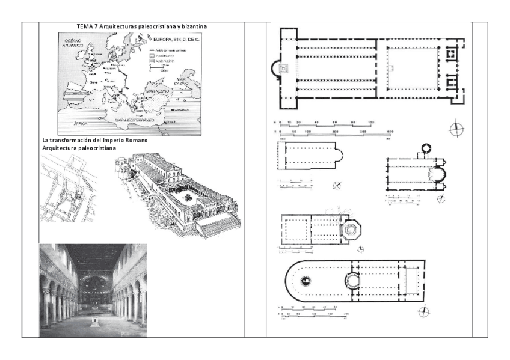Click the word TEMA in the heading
[x=85, y=27]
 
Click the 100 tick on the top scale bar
[x=370, y=122]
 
